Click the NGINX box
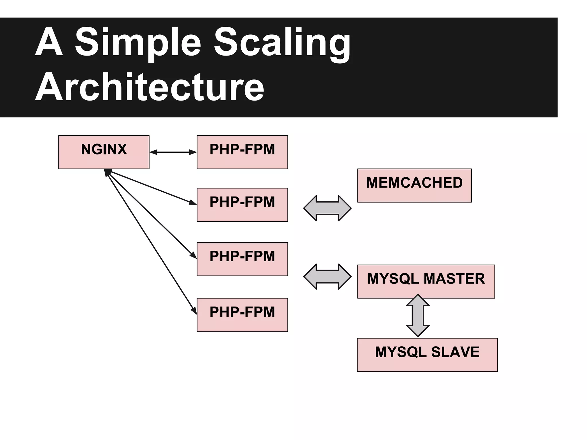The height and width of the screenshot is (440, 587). coord(104,152)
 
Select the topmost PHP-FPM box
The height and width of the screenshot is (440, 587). coord(242,152)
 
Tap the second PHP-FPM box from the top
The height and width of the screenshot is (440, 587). coord(242,205)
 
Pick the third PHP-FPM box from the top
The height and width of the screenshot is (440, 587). coord(242,259)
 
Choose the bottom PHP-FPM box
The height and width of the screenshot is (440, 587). coord(242,315)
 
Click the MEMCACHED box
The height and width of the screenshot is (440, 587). coord(414,185)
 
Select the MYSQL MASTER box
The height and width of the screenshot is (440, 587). coord(426,281)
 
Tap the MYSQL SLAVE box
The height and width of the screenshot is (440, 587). coord(427,355)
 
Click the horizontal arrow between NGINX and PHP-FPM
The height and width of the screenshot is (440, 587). coord(173,152)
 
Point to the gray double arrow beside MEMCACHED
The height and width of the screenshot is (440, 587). coord(327,208)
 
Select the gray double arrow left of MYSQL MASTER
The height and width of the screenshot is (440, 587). coord(327,276)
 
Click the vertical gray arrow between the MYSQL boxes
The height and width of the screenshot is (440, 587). coord(418,315)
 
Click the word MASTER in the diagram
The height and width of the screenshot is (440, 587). coord(454,279)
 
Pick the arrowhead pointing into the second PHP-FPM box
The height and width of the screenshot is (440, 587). coord(193,203)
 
